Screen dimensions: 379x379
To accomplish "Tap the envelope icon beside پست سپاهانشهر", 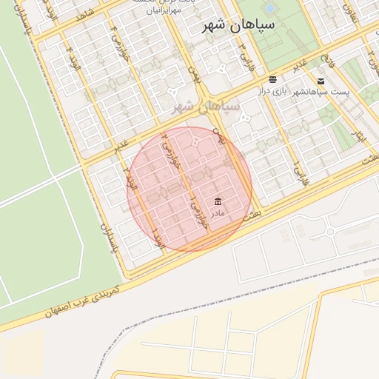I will pyautogui.click(x=321, y=81).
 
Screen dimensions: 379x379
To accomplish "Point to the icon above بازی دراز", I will pyautogui.click(x=273, y=79).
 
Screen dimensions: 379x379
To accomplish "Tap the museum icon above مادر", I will pyautogui.click(x=218, y=201).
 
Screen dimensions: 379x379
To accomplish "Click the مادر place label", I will pyautogui.click(x=218, y=213).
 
